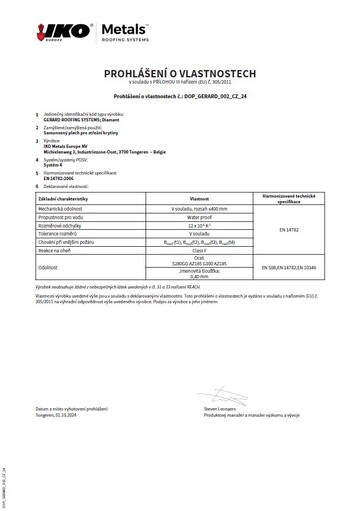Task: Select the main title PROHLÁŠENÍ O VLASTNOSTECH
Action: pos(180,74)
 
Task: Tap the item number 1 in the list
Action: pos(37,115)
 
